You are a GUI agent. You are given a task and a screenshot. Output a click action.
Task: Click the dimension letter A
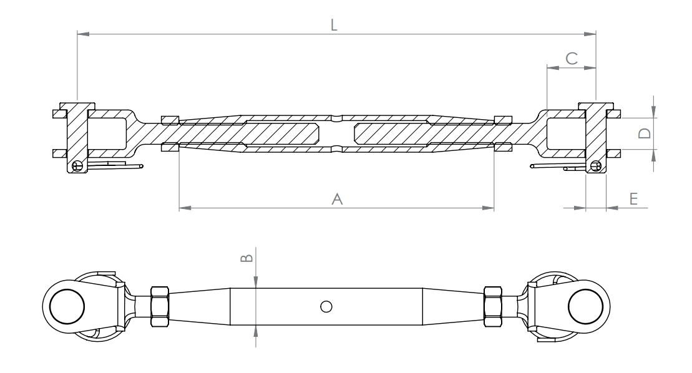337,199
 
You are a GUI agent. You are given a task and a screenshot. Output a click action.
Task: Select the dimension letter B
247,256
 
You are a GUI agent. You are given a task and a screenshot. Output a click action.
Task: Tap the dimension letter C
572,57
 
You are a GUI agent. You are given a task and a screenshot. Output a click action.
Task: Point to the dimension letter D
646,133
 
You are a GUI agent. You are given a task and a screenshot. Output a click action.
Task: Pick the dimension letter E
633,199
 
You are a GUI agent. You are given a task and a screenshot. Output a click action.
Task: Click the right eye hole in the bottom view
586,306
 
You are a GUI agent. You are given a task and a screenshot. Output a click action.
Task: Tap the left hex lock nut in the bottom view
160,306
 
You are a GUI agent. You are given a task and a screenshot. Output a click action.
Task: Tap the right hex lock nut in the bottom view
494,306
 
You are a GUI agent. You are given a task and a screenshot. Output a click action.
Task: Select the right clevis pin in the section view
595,137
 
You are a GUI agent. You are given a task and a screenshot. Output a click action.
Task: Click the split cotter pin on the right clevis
558,166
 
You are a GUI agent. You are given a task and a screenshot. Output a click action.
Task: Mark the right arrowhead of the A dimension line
489,208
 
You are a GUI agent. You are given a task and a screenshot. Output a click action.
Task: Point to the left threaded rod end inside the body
281,133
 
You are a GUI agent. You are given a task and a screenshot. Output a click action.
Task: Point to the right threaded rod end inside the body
393,133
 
